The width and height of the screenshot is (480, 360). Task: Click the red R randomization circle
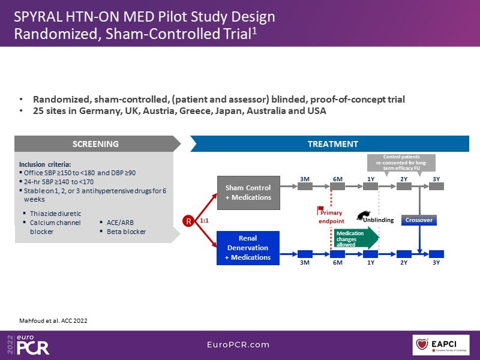190,221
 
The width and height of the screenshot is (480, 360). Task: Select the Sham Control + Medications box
248,193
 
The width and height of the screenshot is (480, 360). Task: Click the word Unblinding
379,220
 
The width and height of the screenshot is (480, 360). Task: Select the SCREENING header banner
96,144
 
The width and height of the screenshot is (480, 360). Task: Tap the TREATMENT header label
333,144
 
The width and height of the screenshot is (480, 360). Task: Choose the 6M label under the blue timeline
337,263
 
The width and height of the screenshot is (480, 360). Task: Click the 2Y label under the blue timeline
403,263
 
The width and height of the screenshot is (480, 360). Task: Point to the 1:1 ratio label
204,221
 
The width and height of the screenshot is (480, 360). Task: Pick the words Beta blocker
126,231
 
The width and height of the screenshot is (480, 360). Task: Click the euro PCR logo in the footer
31,344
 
